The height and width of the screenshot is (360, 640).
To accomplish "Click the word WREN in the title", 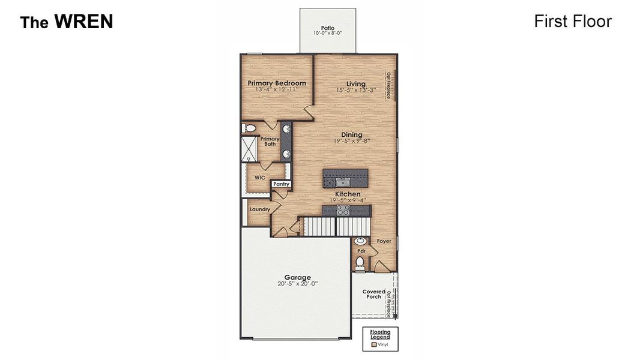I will tap(83, 22).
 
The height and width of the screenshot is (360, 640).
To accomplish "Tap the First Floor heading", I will tap(572, 22).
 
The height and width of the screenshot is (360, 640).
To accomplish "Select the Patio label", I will tap(327, 28).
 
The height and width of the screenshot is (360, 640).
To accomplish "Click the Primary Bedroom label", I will tap(277, 83).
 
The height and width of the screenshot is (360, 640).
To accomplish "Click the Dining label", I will tap(352, 134).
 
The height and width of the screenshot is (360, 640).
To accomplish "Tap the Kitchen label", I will tap(348, 194).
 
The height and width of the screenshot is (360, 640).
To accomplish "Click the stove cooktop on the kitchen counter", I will tap(343, 210).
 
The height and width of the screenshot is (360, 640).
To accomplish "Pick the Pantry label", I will tap(281, 184).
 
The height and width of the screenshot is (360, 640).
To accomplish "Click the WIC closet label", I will tap(259, 178).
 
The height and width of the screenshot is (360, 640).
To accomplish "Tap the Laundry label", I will tap(259, 209).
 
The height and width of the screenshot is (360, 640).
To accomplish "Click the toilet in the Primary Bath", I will tap(249, 128).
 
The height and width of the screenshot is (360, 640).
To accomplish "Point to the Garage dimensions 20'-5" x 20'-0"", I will tap(297, 284).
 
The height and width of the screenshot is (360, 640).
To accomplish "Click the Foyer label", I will tap(384, 241).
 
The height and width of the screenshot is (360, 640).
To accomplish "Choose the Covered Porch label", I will tap(373, 294).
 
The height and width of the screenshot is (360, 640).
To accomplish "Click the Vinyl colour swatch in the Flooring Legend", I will tap(374, 344).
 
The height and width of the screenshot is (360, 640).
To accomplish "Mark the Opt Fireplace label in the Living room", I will tap(389, 85).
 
